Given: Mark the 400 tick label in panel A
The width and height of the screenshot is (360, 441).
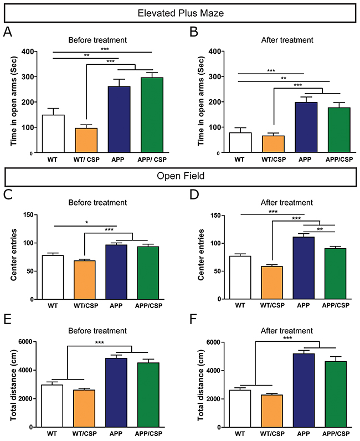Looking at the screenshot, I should click(x=26, y=52).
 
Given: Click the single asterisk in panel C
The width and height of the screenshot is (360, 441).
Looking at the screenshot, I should click(x=86, y=223).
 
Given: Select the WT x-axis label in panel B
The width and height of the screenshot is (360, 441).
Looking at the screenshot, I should click(x=239, y=160).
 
